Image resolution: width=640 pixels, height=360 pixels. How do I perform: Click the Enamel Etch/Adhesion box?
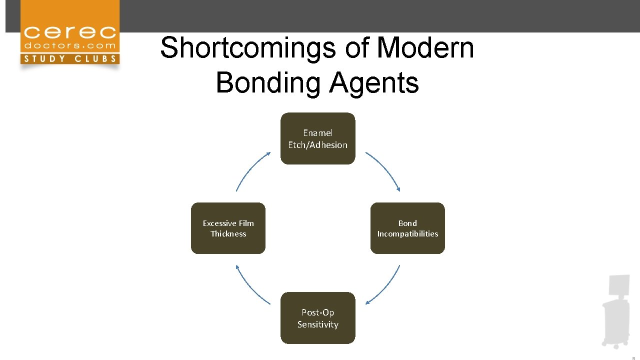(x=317, y=138)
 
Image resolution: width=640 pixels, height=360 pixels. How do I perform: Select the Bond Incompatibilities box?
(x=407, y=228)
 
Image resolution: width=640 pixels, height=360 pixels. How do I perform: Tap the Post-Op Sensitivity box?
(x=317, y=318)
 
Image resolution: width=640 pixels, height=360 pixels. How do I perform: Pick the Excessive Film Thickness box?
(x=228, y=228)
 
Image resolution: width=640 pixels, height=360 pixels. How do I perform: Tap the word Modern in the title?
(x=425, y=47)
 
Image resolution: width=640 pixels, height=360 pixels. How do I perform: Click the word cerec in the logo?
(x=70, y=33)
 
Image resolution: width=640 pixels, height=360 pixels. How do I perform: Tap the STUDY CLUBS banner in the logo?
(x=70, y=59)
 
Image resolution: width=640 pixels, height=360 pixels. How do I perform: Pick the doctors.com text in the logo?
(x=70, y=46)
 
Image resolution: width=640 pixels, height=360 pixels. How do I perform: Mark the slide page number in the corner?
(x=633, y=357)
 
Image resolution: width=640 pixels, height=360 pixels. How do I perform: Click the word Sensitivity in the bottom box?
(x=317, y=324)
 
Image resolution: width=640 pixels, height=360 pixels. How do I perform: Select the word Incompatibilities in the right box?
(x=407, y=233)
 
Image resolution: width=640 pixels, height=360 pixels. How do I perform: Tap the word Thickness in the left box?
(x=228, y=233)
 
